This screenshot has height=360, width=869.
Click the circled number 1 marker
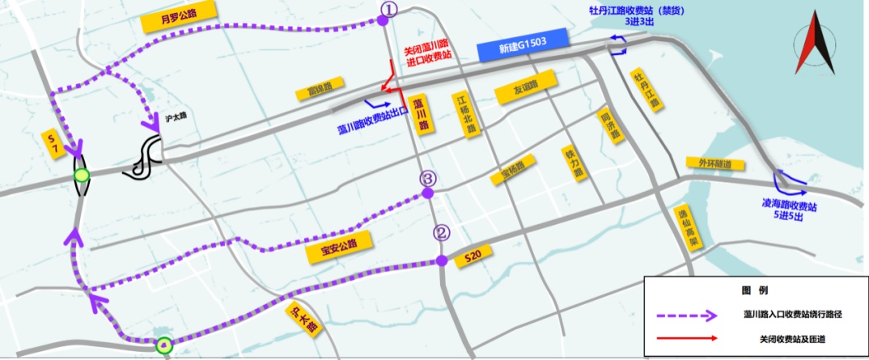point(389,8)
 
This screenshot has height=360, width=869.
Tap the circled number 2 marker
point(441,233)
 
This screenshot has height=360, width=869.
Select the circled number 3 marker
point(428,180)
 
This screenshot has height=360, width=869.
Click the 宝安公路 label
point(337,245)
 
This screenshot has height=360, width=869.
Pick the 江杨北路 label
point(465,114)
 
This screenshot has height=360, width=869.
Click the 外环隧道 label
point(714,163)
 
